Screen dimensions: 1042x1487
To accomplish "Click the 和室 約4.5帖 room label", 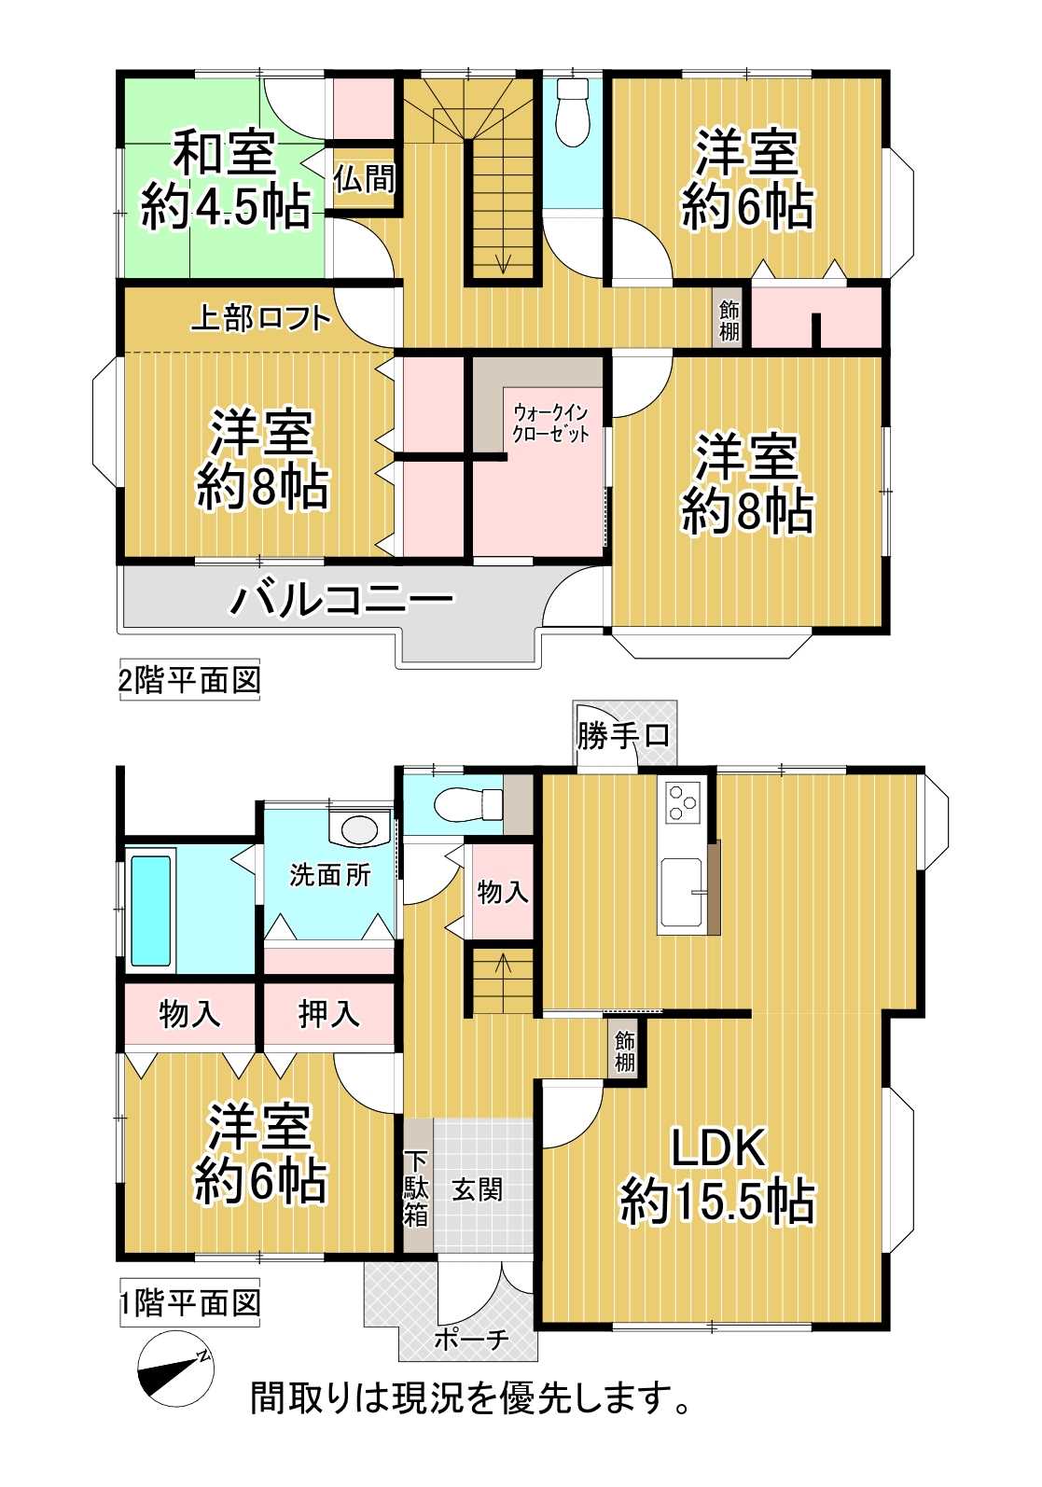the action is (227, 180).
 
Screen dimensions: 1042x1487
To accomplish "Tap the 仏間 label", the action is (364, 178).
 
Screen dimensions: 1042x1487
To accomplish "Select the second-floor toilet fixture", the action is (572, 112).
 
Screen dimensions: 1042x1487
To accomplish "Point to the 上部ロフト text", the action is (261, 318).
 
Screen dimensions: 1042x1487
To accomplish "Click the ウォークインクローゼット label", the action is (551, 424).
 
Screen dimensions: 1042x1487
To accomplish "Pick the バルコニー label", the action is (341, 600).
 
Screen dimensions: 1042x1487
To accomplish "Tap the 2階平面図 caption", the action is (189, 680).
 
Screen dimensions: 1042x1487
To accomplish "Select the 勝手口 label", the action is (622, 735).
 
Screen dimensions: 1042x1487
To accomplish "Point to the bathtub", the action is (151, 910).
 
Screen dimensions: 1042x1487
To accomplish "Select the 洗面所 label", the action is (330, 876).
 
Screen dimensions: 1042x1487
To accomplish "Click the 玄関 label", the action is (478, 1188).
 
